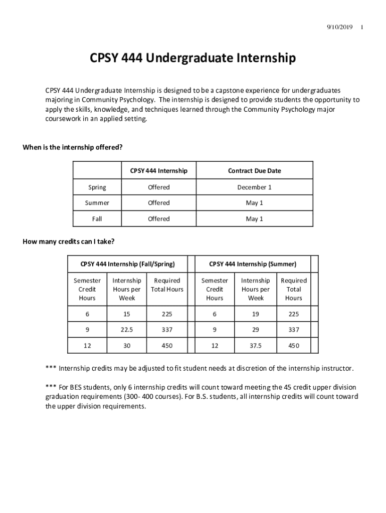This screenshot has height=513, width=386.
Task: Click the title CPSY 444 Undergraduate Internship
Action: click(x=192, y=59)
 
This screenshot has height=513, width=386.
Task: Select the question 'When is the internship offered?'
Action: click(x=73, y=147)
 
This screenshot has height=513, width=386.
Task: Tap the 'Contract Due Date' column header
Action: click(x=254, y=171)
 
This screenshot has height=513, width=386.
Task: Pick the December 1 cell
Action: click(x=254, y=187)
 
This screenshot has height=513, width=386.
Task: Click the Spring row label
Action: click(x=97, y=187)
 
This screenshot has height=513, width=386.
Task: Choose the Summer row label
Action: click(x=97, y=203)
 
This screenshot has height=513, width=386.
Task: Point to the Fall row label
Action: click(x=97, y=219)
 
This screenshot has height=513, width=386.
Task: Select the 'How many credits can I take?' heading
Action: click(x=69, y=242)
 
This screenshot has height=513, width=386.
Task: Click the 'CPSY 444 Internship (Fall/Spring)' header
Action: click(x=127, y=264)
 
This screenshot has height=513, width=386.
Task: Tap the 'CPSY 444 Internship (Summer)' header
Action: click(x=253, y=264)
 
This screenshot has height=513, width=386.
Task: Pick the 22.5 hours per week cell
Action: click(x=127, y=330)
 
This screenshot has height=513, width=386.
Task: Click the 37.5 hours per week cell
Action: click(x=256, y=346)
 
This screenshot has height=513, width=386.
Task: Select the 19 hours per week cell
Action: click(x=256, y=314)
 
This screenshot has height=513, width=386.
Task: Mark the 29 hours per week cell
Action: click(x=256, y=330)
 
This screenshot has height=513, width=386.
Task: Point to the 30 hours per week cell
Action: click(x=127, y=346)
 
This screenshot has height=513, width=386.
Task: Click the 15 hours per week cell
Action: click(x=127, y=314)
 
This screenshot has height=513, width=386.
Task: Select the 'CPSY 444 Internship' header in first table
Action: click(x=159, y=171)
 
